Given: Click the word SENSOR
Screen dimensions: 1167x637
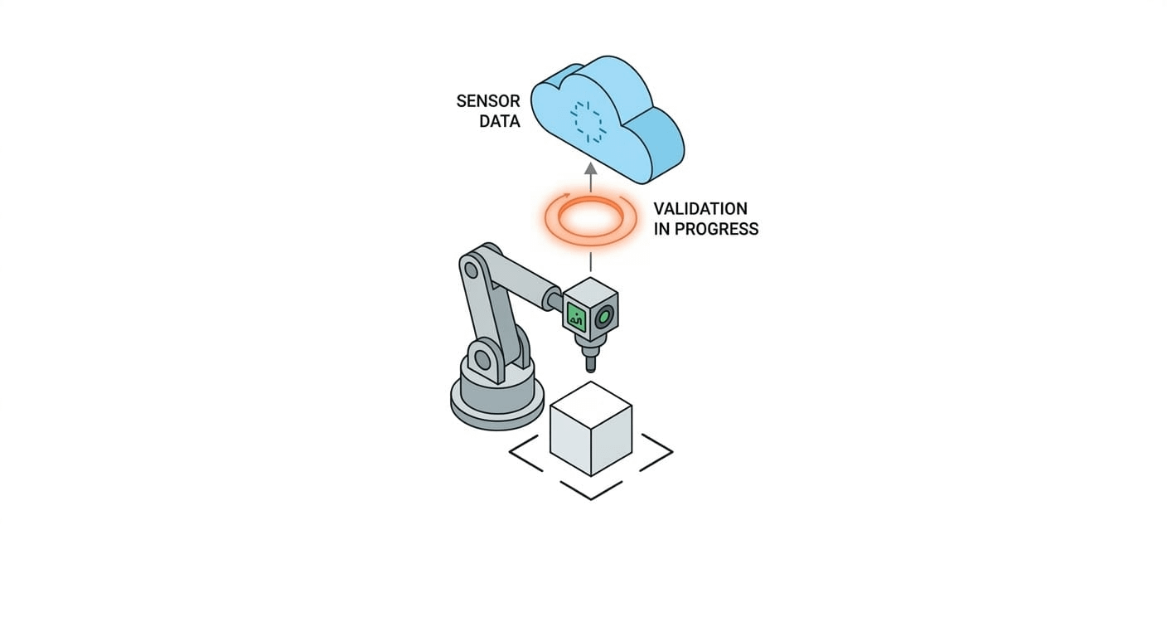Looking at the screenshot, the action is [488, 101].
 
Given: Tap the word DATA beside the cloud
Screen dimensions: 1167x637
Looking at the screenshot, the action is [500, 122].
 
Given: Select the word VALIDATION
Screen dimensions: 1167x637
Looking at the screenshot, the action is [700, 208].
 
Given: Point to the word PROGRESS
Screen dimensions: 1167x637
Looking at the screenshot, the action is [718, 229].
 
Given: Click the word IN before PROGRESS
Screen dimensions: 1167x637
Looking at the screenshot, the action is [662, 229].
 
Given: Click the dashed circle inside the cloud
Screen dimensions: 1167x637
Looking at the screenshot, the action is [589, 122].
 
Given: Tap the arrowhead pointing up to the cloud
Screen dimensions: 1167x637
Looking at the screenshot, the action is [590, 168].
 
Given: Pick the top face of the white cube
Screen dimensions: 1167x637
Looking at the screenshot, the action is [591, 404].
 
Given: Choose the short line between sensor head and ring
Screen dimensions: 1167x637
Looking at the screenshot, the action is [590, 262].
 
